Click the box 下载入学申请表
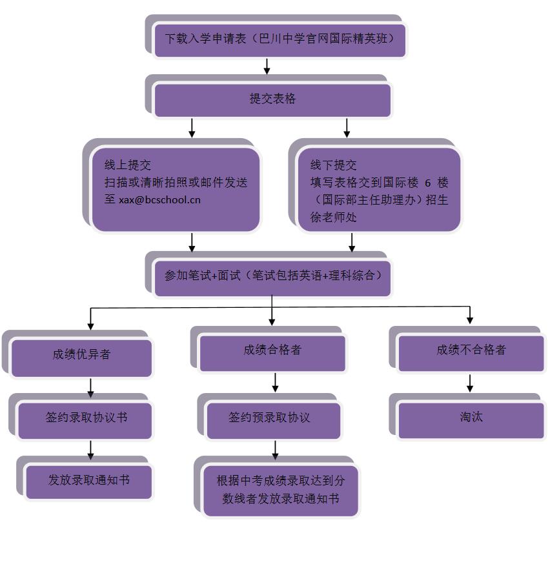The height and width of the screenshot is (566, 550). point(280,39)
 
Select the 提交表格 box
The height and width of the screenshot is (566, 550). point(272,100)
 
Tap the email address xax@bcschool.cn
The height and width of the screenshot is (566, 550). point(159,199)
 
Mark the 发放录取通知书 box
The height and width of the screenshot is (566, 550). point(88,481)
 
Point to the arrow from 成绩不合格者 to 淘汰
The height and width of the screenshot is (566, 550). point(470,383)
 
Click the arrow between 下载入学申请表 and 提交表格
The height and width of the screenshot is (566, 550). point(267,66)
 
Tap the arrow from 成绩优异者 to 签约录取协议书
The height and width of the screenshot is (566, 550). point(90,388)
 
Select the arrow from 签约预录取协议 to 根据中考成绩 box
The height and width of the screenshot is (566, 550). point(276,449)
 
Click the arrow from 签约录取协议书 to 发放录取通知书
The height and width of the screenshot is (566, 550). point(90,449)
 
